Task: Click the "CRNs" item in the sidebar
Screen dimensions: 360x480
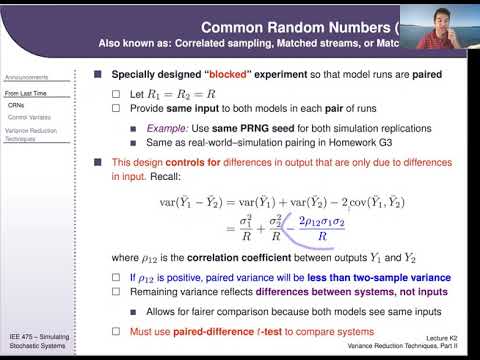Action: point(16,105)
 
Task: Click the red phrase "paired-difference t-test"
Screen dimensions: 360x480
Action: point(213,327)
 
